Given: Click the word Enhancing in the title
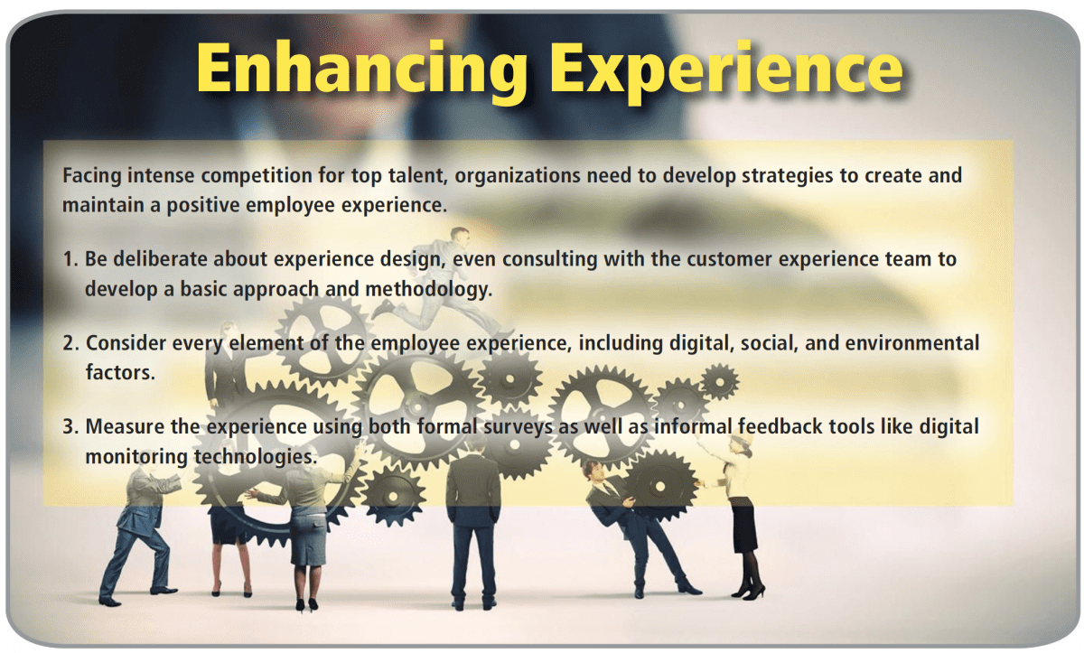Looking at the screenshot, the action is pos(362,70).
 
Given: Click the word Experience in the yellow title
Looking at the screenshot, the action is pos(727,70).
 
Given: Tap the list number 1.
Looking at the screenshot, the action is pos(70,259).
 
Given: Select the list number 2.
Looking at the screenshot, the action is pos(70,343).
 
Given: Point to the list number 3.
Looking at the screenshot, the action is pos(70,426).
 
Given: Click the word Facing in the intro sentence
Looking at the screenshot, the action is pos(91,176).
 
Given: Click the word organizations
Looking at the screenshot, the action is pos(518,176).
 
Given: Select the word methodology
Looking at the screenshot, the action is pos(429,290).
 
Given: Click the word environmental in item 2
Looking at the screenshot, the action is pos(912,343).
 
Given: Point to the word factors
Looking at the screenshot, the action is pos(120,373).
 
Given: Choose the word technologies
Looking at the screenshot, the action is pos(256,457).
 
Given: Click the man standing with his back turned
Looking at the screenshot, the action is pos(472,522).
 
